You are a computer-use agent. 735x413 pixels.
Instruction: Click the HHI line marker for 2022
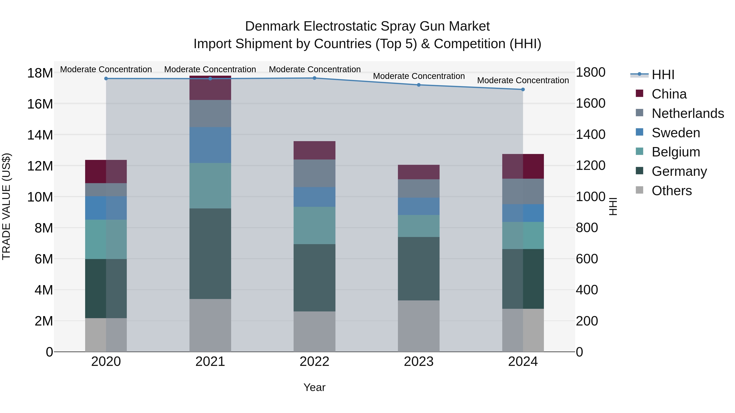314,78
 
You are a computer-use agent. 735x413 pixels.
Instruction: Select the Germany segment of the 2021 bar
210,254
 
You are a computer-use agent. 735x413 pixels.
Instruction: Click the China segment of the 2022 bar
314,150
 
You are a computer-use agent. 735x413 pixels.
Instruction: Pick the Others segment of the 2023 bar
419,326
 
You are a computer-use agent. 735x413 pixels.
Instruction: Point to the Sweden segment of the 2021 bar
210,145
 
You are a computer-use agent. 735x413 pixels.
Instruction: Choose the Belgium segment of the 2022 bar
314,225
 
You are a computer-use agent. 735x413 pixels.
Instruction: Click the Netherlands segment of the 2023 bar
419,188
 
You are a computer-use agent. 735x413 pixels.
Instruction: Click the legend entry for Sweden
676,133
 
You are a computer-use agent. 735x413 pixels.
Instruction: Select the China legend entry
669,94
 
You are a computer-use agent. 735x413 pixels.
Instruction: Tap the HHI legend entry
663,75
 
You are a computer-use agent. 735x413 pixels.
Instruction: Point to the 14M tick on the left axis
40,135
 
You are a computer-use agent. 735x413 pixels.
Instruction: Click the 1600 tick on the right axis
590,103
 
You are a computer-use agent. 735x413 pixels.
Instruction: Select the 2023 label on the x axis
419,362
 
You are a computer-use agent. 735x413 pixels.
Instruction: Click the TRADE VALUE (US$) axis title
6,206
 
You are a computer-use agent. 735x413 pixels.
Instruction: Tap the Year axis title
314,387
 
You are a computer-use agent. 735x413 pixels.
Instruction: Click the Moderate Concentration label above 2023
419,76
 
